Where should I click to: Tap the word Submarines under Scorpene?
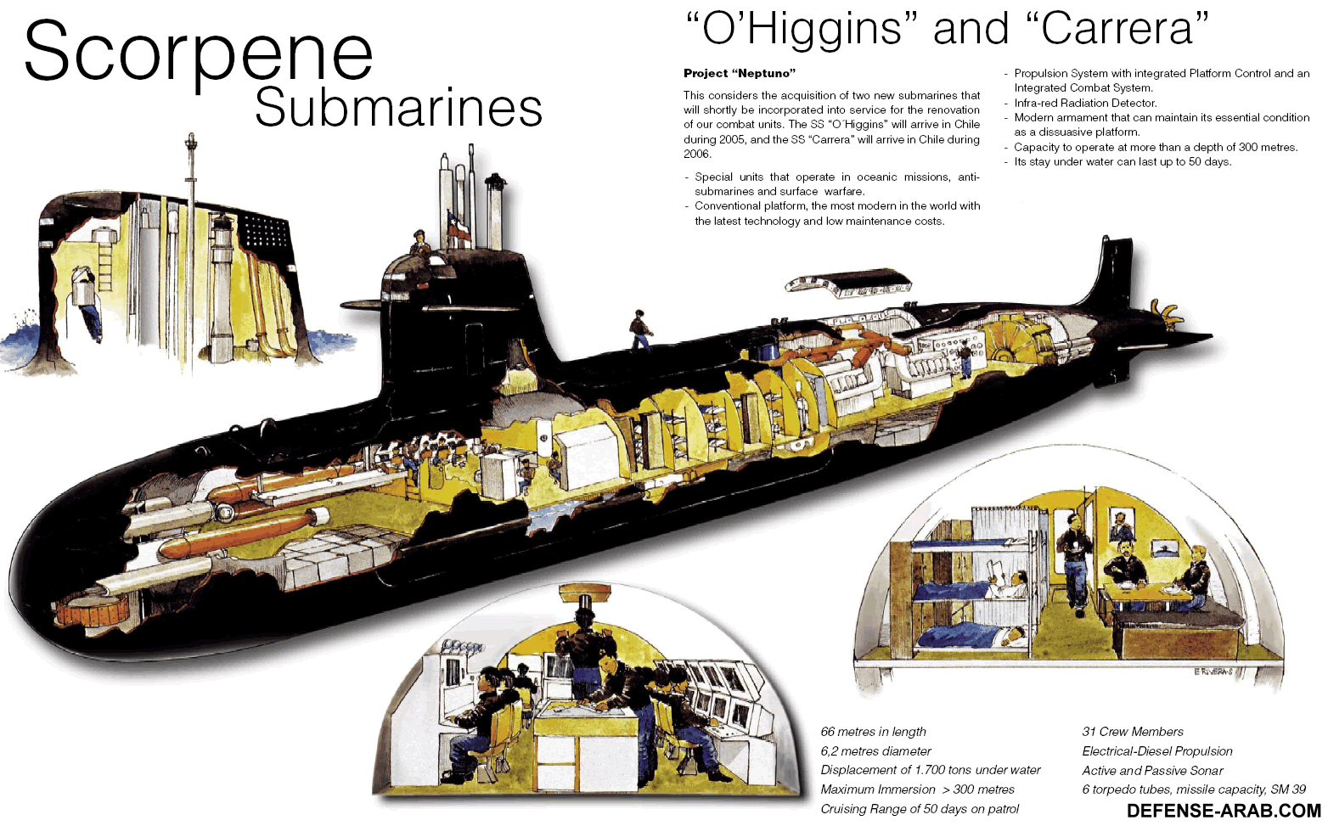click(x=398, y=108)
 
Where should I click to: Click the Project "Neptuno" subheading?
click(x=740, y=73)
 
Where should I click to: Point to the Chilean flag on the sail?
click(x=458, y=227)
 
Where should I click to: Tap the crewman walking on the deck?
click(x=639, y=329)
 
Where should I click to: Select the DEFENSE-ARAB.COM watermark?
click(x=1224, y=811)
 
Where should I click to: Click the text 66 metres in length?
click(x=873, y=732)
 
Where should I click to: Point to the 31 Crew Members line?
click(x=1132, y=732)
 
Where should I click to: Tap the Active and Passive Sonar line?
click(x=1152, y=771)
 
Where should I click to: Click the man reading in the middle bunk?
click(x=1009, y=583)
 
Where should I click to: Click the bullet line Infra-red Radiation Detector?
click(x=1085, y=103)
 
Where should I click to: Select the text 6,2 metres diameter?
click(x=875, y=751)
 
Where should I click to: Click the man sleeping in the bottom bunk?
click(x=1002, y=635)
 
